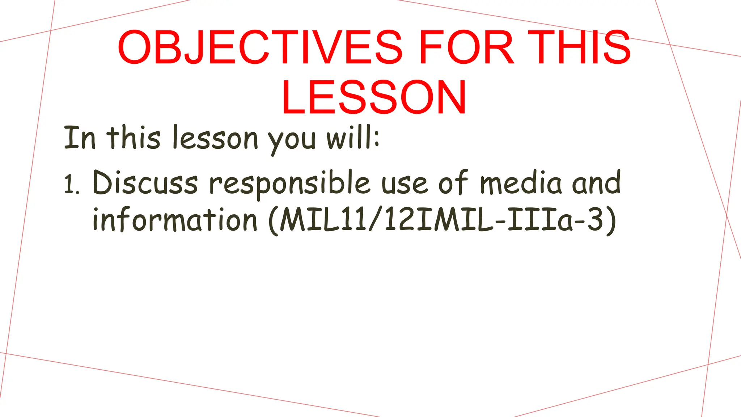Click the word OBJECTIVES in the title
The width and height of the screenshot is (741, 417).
pyautogui.click(x=260, y=48)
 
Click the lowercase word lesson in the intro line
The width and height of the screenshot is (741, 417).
pyautogui.click(x=215, y=138)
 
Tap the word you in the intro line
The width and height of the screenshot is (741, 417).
pyautogui.click(x=292, y=140)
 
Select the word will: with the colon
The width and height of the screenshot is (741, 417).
pyautogui.click(x=353, y=138)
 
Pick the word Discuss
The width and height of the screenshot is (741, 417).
pyautogui.click(x=145, y=183)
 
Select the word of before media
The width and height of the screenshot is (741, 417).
pyautogui.click(x=453, y=183)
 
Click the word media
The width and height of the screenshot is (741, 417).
pyautogui.click(x=520, y=183)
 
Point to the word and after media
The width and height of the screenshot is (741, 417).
pyautogui.click(x=596, y=183)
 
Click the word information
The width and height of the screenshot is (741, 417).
pyautogui.click(x=175, y=220)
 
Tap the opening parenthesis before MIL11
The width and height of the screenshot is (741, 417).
pyautogui.click(x=274, y=221)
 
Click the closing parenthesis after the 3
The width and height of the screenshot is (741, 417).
pyautogui.click(x=611, y=221)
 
